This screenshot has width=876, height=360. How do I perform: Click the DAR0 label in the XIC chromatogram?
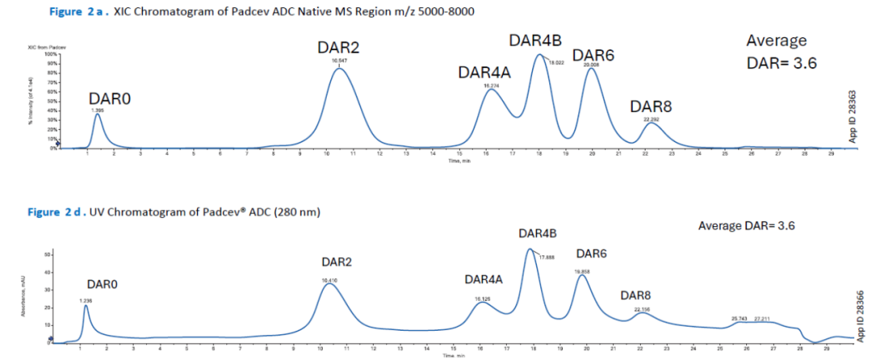tap(109, 98)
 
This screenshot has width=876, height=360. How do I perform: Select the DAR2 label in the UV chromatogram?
tap(336, 262)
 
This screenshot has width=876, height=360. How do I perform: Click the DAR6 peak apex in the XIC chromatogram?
tap(592, 68)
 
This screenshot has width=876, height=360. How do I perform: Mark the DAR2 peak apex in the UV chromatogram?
tap(329, 284)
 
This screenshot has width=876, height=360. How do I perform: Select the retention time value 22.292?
tap(652, 119)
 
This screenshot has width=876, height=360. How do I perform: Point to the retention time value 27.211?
tap(765, 319)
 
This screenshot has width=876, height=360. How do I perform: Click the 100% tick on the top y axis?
tap(49, 54)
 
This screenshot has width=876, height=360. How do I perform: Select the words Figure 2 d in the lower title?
tap(55, 212)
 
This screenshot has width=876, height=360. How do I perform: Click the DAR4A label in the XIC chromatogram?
tap(484, 72)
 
